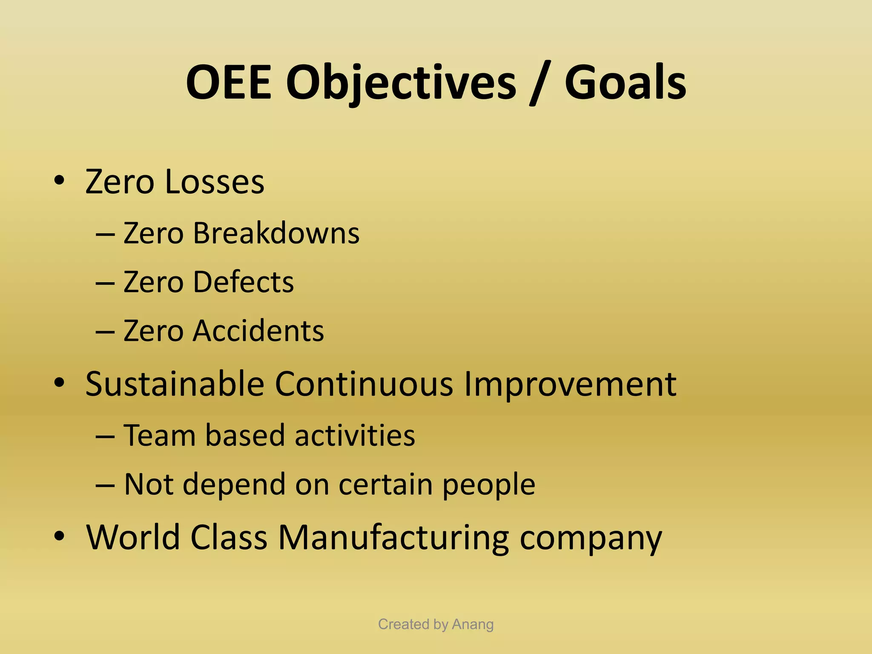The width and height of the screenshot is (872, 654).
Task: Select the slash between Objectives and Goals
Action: pyautogui.click(x=539, y=83)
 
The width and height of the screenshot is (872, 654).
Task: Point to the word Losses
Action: pyautogui.click(x=214, y=182)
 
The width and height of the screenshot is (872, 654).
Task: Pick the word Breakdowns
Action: pyautogui.click(x=276, y=233)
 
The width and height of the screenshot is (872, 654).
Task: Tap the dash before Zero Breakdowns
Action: pyautogui.click(x=105, y=235)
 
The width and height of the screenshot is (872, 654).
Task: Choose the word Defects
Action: pyautogui.click(x=243, y=282)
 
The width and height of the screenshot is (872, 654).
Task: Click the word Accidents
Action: pyautogui.click(x=258, y=331)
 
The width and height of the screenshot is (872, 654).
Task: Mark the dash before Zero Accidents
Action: pyautogui.click(x=105, y=332)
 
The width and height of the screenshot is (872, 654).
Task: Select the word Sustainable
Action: pyautogui.click(x=175, y=384)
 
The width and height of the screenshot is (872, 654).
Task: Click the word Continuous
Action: pyautogui.click(x=364, y=384)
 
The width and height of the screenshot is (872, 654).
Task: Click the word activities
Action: pyautogui.click(x=355, y=436)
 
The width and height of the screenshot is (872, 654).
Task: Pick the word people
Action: pyautogui.click(x=488, y=485)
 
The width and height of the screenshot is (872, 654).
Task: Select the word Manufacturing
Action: pyautogui.click(x=393, y=537)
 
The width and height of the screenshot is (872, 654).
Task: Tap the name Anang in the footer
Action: pyautogui.click(x=473, y=624)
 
